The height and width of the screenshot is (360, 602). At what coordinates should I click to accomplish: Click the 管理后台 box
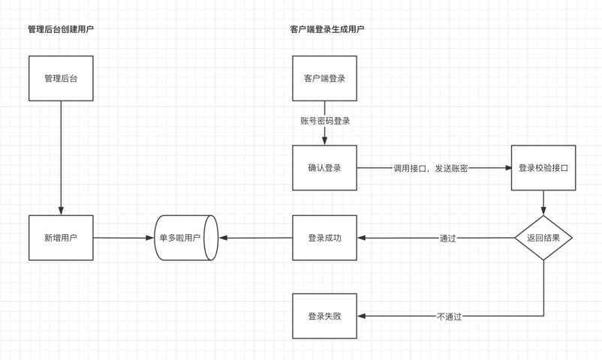pos(61,78)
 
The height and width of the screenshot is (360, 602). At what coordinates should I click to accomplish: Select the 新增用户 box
pos(61,238)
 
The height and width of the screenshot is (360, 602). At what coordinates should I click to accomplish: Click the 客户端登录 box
pos(324,78)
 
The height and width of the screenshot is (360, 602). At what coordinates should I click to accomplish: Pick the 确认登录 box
pos(324,168)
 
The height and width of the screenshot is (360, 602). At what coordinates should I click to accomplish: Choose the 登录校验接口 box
pos(543,168)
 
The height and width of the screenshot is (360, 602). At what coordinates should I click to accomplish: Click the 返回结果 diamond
pos(543,238)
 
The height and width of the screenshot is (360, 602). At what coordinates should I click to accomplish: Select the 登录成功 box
pos(324,238)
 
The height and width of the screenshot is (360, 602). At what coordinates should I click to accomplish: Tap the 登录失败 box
pos(324,316)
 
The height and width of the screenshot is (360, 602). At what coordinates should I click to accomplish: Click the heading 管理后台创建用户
pos(61,29)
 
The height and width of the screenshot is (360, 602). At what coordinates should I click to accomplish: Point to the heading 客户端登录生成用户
pos(327,29)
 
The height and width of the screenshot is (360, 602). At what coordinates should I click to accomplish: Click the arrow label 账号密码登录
pos(325,121)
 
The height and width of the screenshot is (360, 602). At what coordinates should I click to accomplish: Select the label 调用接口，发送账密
pos(431,168)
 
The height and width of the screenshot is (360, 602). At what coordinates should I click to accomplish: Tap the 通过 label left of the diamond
pos(447,238)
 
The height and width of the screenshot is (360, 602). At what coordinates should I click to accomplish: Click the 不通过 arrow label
pos(449,316)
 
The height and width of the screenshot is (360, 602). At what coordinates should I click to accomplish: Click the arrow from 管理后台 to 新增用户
pos(61,157)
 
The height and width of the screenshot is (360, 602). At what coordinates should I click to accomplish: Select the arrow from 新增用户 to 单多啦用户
pos(123,238)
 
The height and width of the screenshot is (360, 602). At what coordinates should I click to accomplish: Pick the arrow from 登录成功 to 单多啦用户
pos(255,238)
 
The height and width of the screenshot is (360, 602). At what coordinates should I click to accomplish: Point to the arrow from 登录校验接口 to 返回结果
pos(543,202)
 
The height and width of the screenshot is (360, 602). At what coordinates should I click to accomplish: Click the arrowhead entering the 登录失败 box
pos(362,316)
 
